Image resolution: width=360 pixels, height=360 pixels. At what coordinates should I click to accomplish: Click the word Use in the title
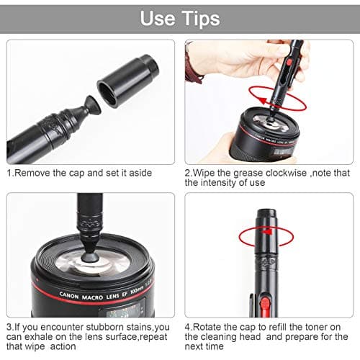[157, 18]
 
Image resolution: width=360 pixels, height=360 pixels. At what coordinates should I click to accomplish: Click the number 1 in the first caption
[9, 174]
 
